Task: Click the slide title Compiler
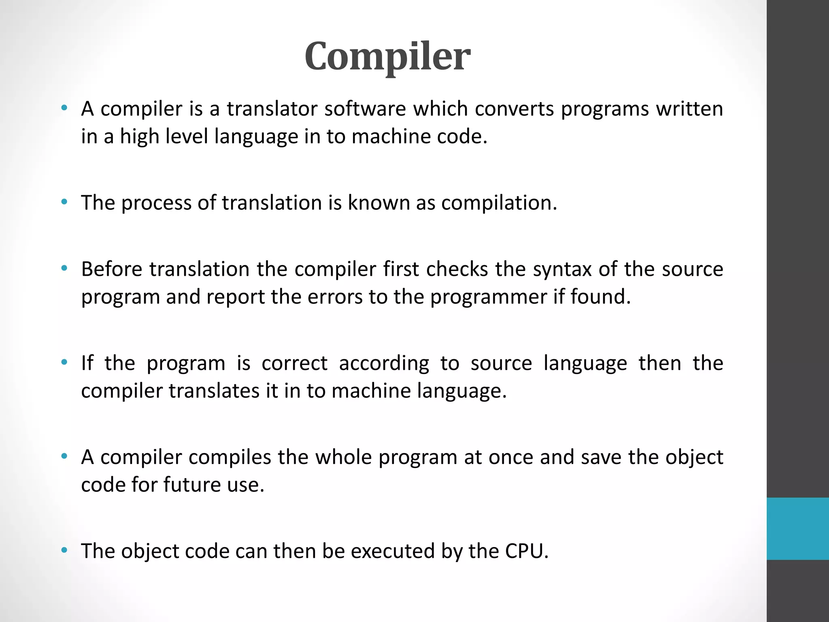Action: coord(387,56)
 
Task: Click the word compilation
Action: coord(499,202)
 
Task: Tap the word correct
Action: coord(294,363)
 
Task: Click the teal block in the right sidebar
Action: coord(797,528)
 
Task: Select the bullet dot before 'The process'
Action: coord(64,202)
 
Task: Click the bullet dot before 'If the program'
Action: coord(64,362)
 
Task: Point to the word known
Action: coord(379,202)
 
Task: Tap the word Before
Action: coord(111,269)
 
